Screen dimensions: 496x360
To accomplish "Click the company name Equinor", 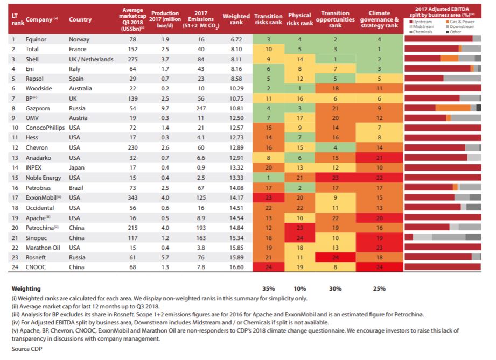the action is coord(36,39).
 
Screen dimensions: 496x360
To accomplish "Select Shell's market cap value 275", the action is coord(132,59).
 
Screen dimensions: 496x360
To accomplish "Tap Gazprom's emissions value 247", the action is coord(201,108).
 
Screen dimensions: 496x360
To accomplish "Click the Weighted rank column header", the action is coord(236,19).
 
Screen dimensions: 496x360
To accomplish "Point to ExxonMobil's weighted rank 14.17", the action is coord(236,197).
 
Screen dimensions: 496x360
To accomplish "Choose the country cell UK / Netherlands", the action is coord(91,59).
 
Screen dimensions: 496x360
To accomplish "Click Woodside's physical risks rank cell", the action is coord(299,88).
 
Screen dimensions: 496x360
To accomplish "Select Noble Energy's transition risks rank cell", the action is coord(269,178).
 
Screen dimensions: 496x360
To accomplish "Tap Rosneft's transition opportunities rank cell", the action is coord(336,257).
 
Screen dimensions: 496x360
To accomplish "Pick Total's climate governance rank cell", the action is coord(379,49).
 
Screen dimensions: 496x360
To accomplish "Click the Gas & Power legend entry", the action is coord(460,22).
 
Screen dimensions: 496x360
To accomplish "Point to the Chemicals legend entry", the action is coord(421,32).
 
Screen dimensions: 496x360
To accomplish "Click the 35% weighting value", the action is coord(268,288).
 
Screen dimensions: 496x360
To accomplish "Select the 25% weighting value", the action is coord(379,288).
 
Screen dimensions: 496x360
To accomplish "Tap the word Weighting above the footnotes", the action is coord(26,288).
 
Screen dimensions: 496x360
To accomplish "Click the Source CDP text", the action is coord(27,349).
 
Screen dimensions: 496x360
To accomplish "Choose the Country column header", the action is coord(80,19).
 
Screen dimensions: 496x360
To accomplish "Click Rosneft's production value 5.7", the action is coord(165,257).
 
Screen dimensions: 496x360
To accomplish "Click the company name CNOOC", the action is coord(36,267).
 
